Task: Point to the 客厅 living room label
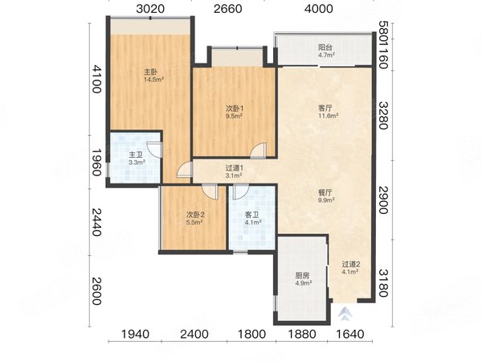point(325,106)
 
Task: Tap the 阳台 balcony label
point(325,47)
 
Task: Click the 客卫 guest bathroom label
point(251,215)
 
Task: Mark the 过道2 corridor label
point(351,265)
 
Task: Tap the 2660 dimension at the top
point(228,10)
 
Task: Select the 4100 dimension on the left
point(96,83)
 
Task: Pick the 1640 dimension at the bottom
point(350,334)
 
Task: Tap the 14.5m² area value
point(153,80)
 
